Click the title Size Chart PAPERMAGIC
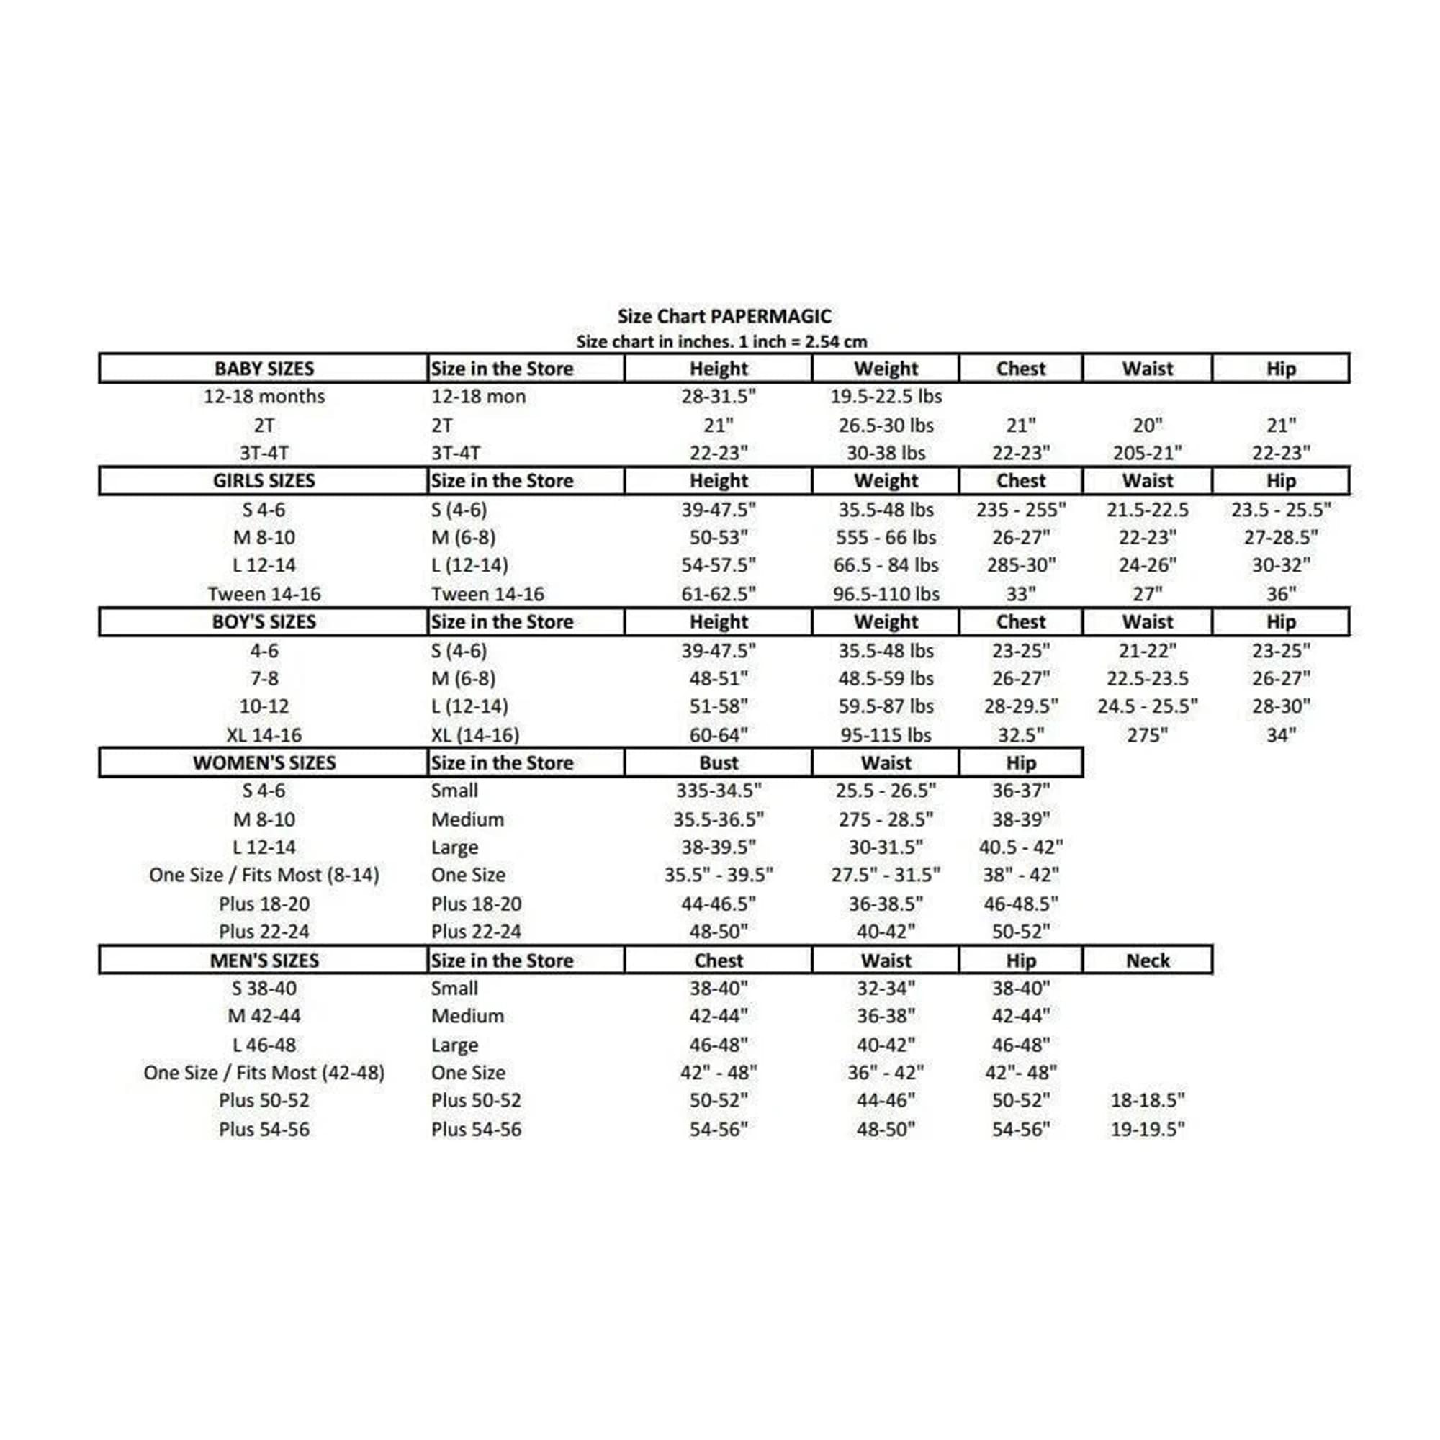click(x=724, y=316)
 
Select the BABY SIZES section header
click(x=264, y=368)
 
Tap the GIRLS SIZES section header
click(x=264, y=481)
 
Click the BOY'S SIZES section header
click(x=264, y=621)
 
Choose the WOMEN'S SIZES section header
click(x=264, y=762)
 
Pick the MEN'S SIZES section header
click(x=264, y=960)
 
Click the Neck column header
click(x=1147, y=960)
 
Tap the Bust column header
click(x=718, y=762)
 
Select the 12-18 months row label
click(x=264, y=397)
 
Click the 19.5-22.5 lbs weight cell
click(x=886, y=397)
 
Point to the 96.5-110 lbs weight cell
click(x=886, y=594)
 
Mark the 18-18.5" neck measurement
click(x=1147, y=1100)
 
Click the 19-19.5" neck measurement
click(x=1147, y=1129)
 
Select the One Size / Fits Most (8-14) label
click(x=264, y=875)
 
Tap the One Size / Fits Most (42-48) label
click(x=264, y=1073)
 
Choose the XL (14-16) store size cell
click(x=474, y=735)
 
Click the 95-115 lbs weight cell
click(x=886, y=735)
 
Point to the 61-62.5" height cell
click(x=718, y=594)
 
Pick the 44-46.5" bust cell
click(x=718, y=904)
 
